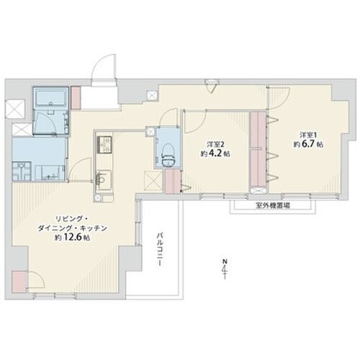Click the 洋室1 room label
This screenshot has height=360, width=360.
tap(309, 135)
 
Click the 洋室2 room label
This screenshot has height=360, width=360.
tap(215, 143)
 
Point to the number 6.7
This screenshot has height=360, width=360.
tap(310, 145)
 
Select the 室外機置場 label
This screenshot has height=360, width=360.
tap(274, 205)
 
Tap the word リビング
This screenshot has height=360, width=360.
tap(60, 217)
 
